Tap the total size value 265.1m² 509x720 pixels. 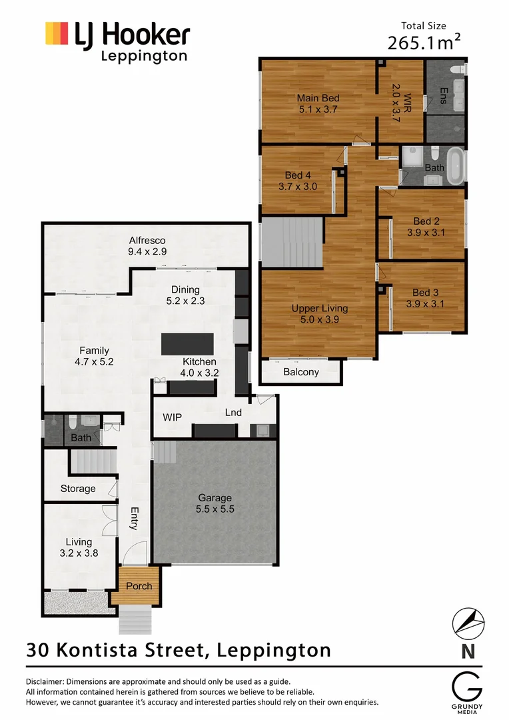[424, 43]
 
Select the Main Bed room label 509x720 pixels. [318, 103]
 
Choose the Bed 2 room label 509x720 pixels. [426, 227]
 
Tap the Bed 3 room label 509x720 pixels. [426, 298]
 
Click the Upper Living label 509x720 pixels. [319, 314]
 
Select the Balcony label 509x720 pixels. [301, 372]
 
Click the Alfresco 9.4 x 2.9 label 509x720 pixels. [147, 246]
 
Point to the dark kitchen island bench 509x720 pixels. [187, 344]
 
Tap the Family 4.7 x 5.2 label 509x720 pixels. [94, 356]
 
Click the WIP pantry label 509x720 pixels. [173, 417]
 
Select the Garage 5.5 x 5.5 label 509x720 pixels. [215, 503]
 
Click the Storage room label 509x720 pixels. [78, 489]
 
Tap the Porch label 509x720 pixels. [139, 586]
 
